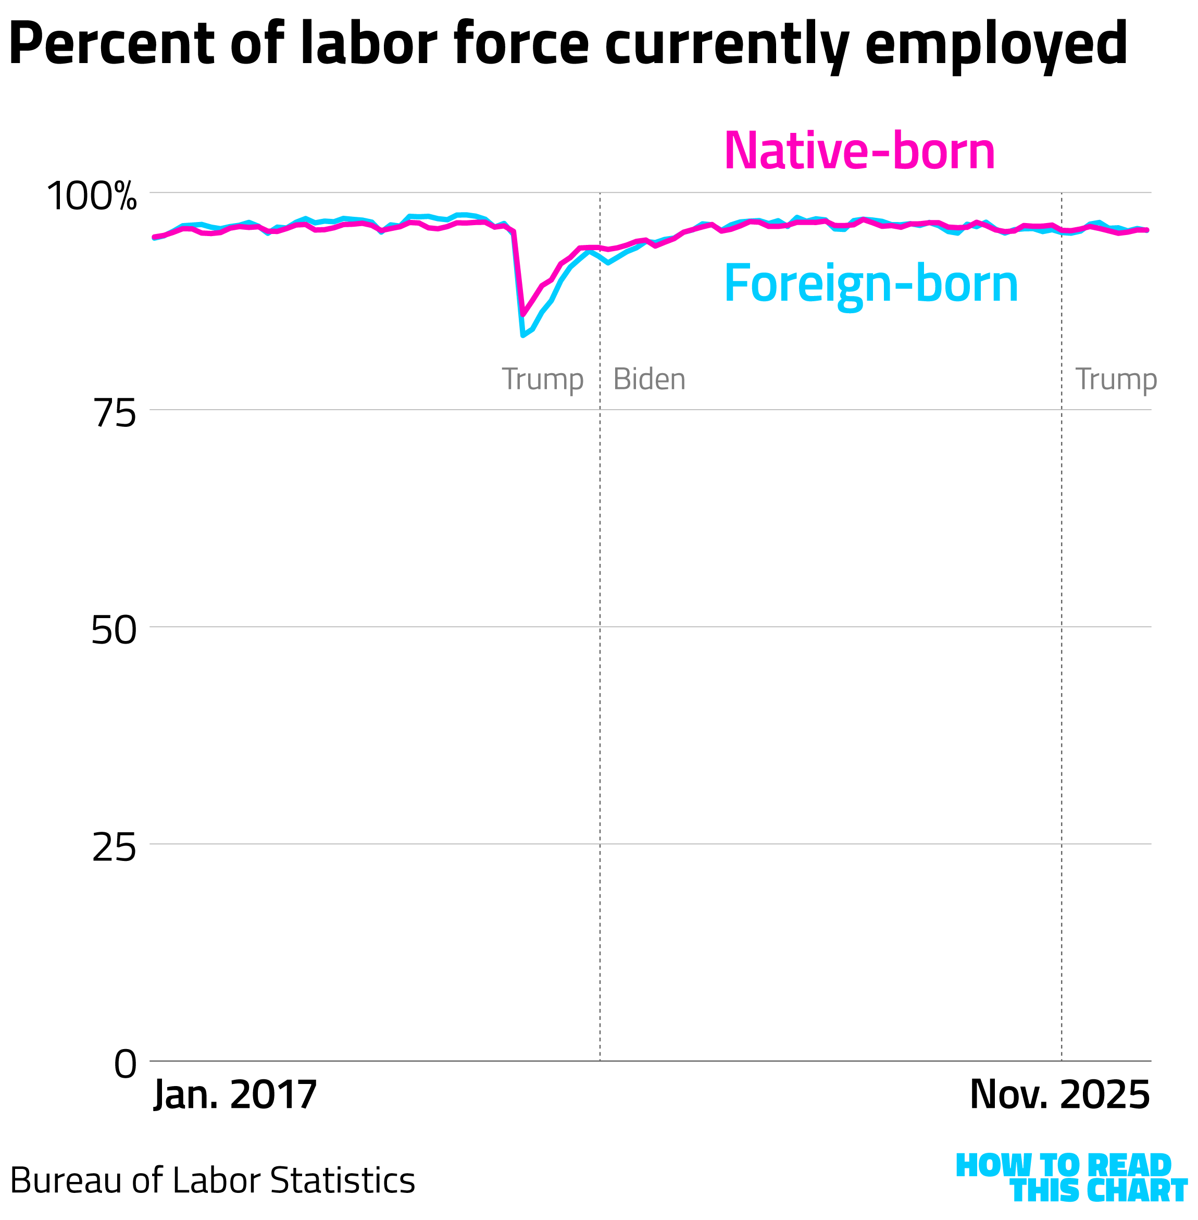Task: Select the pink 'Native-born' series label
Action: click(859, 151)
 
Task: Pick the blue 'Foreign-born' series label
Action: click(871, 285)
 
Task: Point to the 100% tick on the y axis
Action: click(92, 196)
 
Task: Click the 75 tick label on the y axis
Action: click(115, 415)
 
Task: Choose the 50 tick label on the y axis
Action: click(114, 630)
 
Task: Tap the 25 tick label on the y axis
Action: click(114, 848)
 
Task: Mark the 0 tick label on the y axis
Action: click(125, 1065)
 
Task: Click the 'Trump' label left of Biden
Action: click(542, 379)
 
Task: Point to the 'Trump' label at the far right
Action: click(1116, 379)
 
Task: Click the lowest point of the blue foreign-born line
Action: click(523, 336)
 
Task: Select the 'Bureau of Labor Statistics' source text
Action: click(213, 1180)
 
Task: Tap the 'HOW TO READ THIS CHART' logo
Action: click(1070, 1178)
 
